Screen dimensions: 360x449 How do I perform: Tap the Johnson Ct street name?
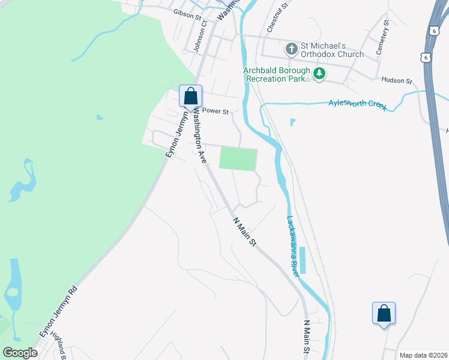point(200,37)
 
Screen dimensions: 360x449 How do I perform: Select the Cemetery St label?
point(383,37)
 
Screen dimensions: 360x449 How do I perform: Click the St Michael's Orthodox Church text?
point(332,50)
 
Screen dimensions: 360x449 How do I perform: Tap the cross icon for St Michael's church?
point(291,49)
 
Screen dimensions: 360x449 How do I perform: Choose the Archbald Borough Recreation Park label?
point(277,74)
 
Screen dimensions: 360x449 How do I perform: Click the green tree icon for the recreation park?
point(320,74)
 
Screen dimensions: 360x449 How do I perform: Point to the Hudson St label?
point(397,80)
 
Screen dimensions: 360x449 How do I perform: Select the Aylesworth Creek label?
point(357,104)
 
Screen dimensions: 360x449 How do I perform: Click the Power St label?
point(216,111)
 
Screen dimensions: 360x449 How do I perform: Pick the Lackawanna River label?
point(292,246)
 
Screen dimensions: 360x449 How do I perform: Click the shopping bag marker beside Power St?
point(190,96)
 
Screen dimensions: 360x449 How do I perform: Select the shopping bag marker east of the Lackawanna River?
point(384,313)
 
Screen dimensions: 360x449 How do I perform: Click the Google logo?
point(20,353)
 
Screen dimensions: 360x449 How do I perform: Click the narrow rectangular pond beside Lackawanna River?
point(302,260)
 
